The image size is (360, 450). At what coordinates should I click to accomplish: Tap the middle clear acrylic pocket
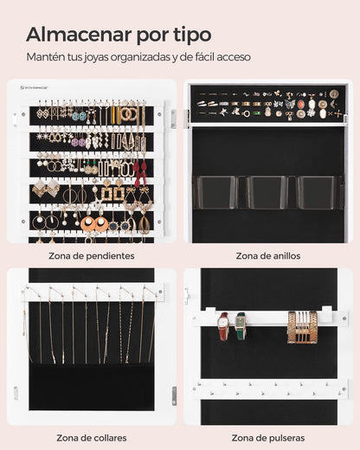click(x=267, y=191)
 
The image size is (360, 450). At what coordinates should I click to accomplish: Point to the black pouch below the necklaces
click(x=91, y=385)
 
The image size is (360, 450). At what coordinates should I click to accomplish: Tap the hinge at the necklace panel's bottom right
click(x=173, y=393)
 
